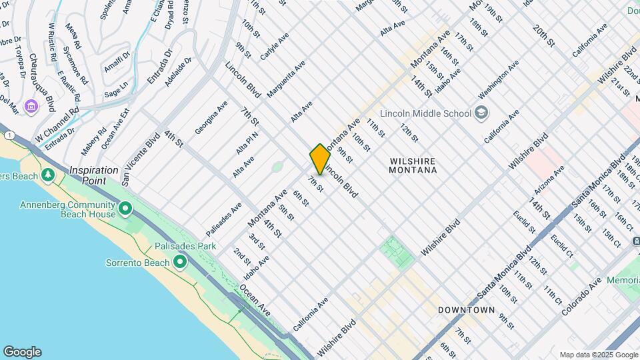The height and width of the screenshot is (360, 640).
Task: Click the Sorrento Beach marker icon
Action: tap(179, 263)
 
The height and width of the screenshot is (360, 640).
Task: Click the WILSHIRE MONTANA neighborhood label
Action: tap(413, 165)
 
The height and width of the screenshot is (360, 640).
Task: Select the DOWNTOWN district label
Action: tap(467, 310)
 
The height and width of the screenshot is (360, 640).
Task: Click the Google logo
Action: tap(22, 351)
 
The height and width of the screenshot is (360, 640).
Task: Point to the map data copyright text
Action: tap(598, 355)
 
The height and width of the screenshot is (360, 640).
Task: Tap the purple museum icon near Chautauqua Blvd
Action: tap(31, 106)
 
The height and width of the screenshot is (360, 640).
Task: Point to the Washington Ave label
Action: tap(498, 78)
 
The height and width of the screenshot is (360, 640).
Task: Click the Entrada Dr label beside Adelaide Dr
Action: tap(159, 66)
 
